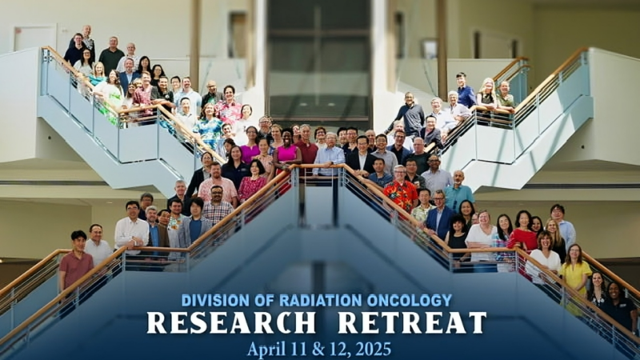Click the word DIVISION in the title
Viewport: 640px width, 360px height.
(210, 302)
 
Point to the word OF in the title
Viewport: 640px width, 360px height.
(252, 302)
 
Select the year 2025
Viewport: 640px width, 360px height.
(373, 349)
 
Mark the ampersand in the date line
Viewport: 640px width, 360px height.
(320, 349)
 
